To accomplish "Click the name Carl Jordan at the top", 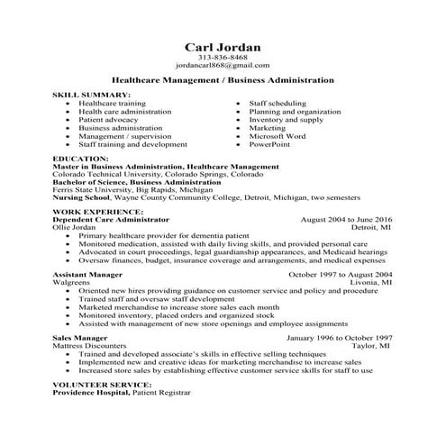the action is coord(223,47).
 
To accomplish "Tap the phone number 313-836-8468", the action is coord(223,59).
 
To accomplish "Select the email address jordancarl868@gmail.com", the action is coord(223,67).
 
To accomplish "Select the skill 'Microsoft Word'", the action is coord(279,135).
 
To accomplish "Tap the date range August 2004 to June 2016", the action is coord(346,220).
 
